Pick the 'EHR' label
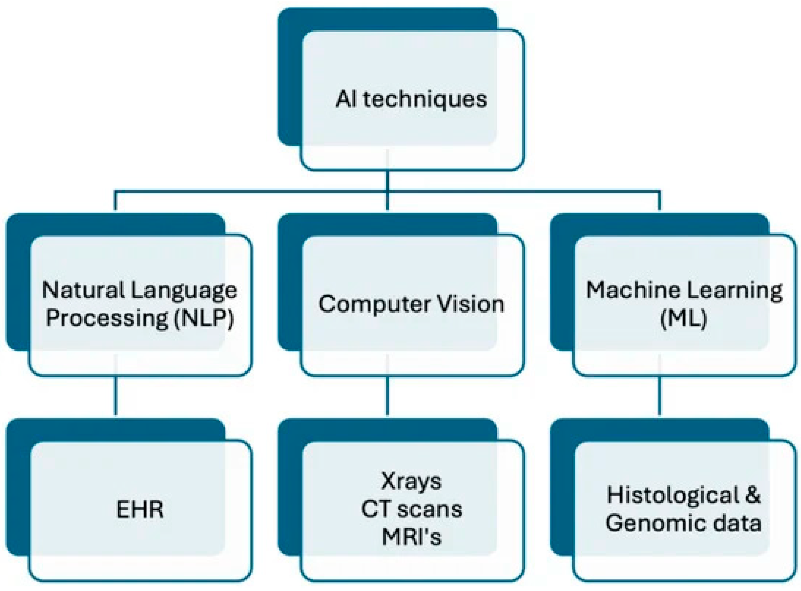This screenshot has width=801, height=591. tap(140, 509)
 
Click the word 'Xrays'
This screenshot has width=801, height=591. tap(411, 481)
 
